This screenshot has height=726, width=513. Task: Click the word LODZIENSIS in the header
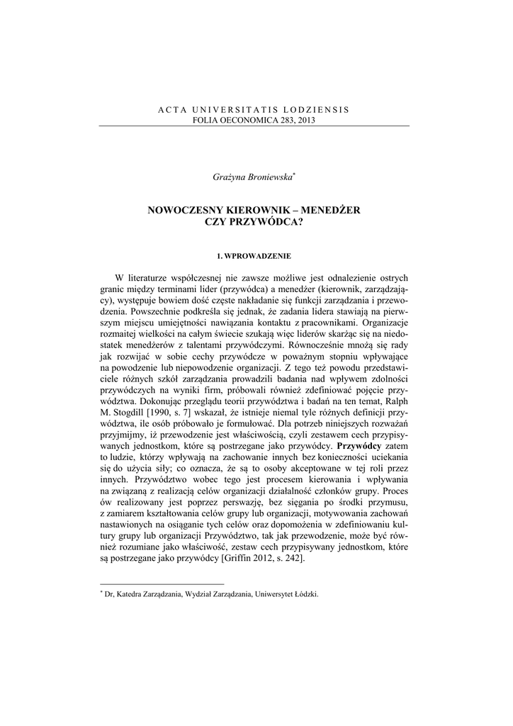pos(317,110)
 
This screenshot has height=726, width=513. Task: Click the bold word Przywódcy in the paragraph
pos(359,447)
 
